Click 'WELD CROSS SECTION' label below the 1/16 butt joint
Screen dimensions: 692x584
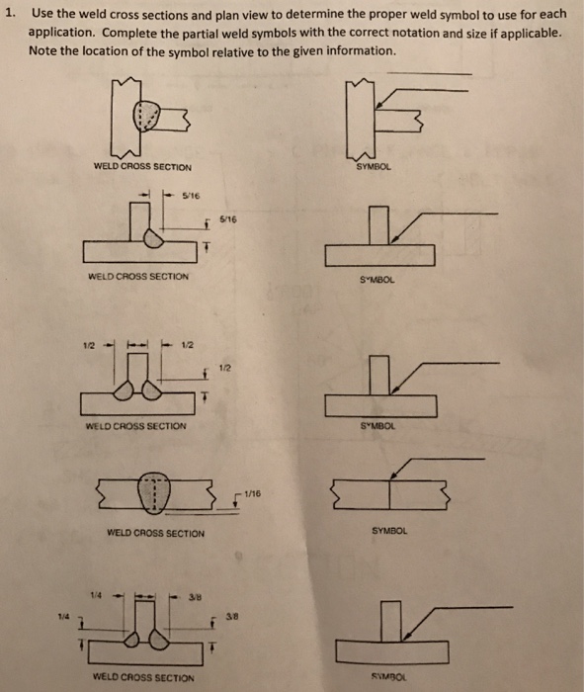pyautogui.click(x=155, y=534)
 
